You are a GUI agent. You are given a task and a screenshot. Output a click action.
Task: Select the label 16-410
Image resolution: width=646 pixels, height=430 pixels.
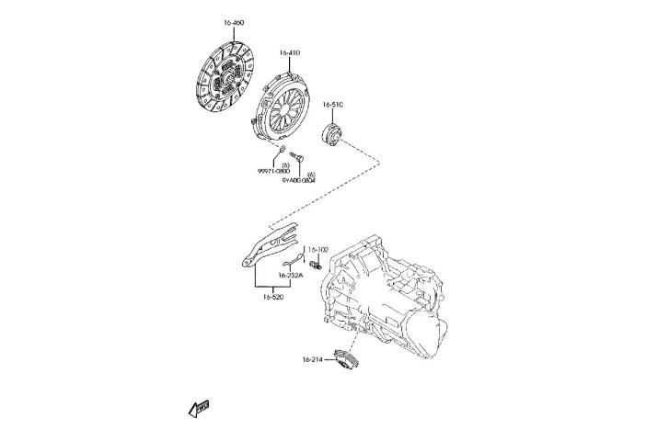point(289,52)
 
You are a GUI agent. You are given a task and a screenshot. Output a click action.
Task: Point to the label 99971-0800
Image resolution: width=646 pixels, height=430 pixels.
point(273,171)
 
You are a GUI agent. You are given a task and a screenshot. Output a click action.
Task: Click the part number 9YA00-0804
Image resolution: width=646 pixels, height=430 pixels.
point(299,180)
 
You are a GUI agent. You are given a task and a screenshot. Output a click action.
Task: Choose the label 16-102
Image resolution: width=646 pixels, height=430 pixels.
point(317,249)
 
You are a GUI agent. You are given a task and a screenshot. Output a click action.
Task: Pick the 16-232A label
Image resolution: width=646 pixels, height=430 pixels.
point(291,274)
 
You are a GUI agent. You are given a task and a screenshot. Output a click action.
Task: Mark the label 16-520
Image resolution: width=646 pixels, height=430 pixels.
point(272,297)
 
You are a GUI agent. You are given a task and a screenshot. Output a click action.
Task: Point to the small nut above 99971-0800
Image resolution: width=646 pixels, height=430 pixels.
point(282,149)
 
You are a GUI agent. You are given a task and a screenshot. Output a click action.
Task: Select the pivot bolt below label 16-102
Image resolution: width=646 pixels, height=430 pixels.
point(315,265)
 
